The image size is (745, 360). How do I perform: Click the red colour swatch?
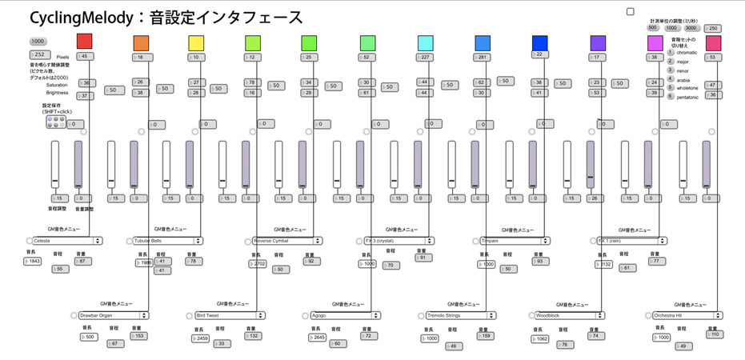point(84,42)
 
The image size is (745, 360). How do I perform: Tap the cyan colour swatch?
point(426,43)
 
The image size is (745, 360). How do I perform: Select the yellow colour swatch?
point(197,43)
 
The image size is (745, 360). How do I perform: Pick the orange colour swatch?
point(141,43)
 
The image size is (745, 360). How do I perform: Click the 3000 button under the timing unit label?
point(691,28)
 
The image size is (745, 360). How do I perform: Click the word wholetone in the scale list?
point(689,88)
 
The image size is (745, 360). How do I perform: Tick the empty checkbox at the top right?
point(631,12)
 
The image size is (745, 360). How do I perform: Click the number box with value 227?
point(426,58)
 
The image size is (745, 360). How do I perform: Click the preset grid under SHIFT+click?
point(54,122)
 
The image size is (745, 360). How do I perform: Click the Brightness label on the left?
point(57,93)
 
